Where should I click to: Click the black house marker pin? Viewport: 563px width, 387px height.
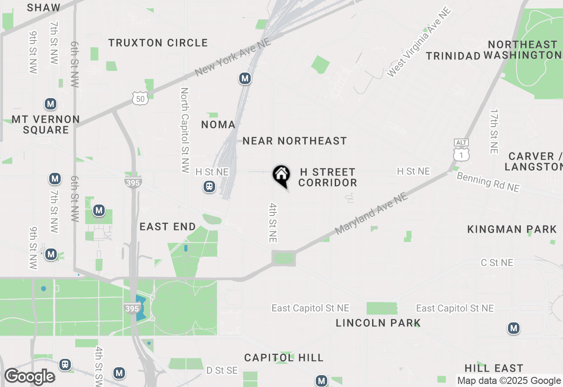pyautogui.click(x=281, y=176)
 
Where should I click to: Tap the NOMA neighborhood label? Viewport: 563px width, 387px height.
pyautogui.click(x=218, y=124)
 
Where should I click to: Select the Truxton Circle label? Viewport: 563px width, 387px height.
pyautogui.click(x=158, y=43)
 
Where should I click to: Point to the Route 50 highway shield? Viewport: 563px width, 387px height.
pyautogui.click(x=140, y=99)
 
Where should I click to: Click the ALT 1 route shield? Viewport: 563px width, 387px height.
pyautogui.click(x=461, y=150)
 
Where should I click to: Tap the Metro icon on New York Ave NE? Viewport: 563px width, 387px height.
pyautogui.click(x=245, y=79)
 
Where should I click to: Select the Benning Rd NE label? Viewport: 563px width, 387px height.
pyautogui.click(x=488, y=182)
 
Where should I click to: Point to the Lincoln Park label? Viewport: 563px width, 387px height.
pyautogui.click(x=378, y=323)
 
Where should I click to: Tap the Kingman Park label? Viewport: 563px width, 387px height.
pyautogui.click(x=512, y=229)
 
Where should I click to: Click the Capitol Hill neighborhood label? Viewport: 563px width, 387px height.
pyautogui.click(x=284, y=358)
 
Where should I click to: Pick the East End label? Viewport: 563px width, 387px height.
pyautogui.click(x=168, y=226)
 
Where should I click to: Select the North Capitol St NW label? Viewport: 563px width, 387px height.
pyautogui.click(x=185, y=129)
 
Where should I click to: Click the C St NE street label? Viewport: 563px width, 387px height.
pyautogui.click(x=497, y=263)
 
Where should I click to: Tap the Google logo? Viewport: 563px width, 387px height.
pyautogui.click(x=29, y=377)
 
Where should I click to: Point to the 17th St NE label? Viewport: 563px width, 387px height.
pyautogui.click(x=494, y=131)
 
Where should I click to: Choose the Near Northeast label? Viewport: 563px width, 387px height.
pyautogui.click(x=295, y=141)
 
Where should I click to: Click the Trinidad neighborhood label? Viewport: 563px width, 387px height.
pyautogui.click(x=453, y=56)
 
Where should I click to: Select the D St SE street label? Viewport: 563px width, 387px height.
pyautogui.click(x=222, y=371)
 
